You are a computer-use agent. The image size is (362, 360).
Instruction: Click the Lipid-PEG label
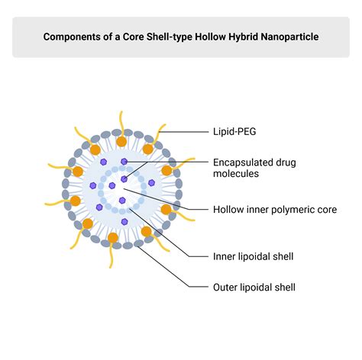click(x=234, y=132)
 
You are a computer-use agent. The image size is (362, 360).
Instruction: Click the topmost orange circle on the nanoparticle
click(x=121, y=141)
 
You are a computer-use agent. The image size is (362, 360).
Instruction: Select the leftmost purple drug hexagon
click(x=93, y=185)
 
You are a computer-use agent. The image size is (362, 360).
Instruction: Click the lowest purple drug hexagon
click(x=124, y=222)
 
